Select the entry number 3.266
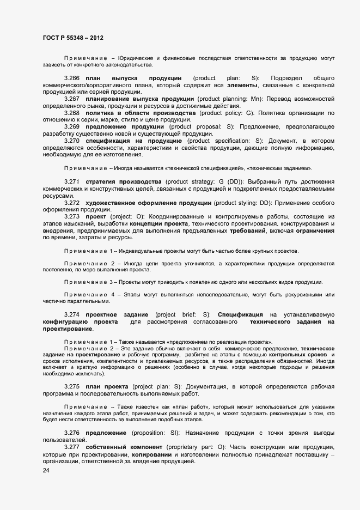pos(72,78)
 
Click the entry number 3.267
pos(72,99)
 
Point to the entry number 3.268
pos(72,113)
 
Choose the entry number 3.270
pos(72,141)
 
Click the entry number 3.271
pos(72,181)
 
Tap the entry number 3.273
pos(72,216)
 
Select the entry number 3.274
pos(72,315)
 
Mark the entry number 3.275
pos(72,386)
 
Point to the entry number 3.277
pos(72,447)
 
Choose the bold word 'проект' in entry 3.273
pos(96,216)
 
